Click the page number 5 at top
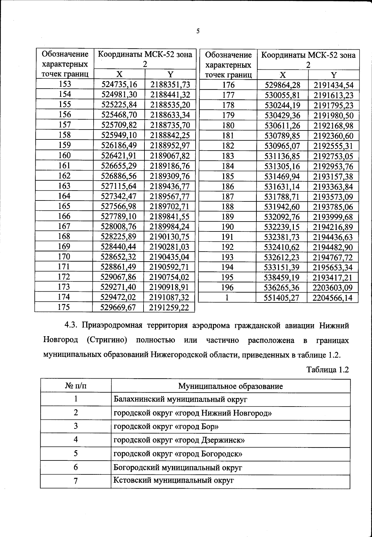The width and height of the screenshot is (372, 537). coord(197,31)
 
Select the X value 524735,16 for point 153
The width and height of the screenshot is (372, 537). coord(119,84)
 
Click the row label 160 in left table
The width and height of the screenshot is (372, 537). coord(64,155)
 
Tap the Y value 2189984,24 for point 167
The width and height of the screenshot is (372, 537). coord(170,227)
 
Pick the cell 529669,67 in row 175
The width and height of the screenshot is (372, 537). coord(119,307)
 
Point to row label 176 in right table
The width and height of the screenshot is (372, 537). coord(228,85)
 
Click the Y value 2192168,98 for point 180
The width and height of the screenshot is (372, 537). coord(333,126)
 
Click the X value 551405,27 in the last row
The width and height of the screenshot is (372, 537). coord(282,298)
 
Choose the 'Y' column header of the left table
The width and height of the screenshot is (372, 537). coord(170,74)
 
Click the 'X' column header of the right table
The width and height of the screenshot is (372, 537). coord(282,75)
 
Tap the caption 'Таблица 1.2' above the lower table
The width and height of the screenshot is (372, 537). coord(328,370)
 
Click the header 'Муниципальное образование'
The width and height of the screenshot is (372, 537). coord(230,386)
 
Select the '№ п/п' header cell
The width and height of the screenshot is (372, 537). coord(76,386)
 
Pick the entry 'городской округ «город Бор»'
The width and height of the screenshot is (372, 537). coord(166,427)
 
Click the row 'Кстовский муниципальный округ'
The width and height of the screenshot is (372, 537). coord(173,481)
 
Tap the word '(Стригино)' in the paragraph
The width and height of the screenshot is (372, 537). coord(107,340)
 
